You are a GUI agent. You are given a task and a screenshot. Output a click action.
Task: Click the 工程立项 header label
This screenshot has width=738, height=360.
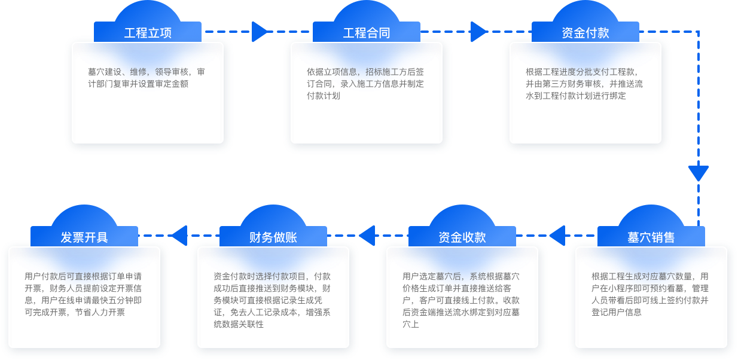click(148, 33)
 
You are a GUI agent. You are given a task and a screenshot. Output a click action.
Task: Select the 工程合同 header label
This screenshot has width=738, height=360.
click(367, 33)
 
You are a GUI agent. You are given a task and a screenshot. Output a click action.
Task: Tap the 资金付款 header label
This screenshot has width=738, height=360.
click(585, 33)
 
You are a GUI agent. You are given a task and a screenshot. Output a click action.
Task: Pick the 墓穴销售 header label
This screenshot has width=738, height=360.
click(651, 237)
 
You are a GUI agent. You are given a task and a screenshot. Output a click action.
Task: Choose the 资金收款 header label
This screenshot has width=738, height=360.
click(462, 237)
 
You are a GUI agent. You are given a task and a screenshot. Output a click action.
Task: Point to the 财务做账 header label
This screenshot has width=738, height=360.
click(273, 237)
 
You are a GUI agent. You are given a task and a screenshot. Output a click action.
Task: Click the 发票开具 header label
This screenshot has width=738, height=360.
click(84, 237)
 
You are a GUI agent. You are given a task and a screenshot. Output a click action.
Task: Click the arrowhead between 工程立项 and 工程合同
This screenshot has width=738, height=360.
click(260, 32)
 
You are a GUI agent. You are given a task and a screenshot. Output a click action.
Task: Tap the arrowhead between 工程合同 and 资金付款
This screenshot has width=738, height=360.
click(479, 32)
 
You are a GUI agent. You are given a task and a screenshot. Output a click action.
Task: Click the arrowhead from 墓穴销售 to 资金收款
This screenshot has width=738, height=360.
click(557, 236)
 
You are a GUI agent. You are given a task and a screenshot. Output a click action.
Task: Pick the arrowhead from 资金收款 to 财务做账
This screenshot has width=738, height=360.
click(367, 236)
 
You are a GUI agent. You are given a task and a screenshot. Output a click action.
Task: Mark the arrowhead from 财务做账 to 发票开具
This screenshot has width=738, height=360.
click(179, 236)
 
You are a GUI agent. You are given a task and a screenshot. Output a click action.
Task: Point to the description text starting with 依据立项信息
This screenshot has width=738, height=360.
click(365, 83)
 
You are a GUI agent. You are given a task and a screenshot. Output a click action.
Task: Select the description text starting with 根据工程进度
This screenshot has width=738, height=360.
click(584, 83)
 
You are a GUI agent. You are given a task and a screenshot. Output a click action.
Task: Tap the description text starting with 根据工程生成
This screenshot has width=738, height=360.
click(650, 294)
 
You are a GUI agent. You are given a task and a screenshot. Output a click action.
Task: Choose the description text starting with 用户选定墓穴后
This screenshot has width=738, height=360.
click(461, 300)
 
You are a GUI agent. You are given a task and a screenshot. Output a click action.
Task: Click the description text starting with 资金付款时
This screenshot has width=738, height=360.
click(272, 300)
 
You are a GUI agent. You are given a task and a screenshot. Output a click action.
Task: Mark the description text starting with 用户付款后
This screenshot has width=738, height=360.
click(83, 294)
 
